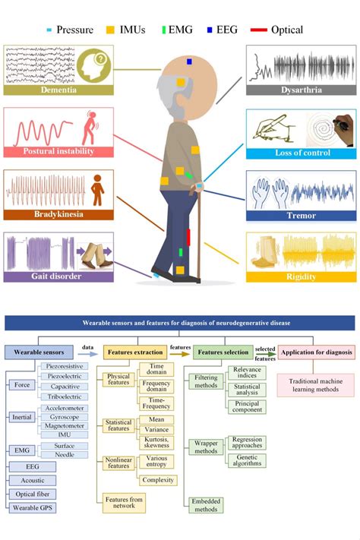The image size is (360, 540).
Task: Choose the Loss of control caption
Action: coord(302,152)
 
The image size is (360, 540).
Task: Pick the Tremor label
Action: coord(302,215)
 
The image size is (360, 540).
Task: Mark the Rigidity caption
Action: coord(302,276)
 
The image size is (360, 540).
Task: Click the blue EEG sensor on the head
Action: coord(189,61)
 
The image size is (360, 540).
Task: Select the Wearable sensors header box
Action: coord(39,352)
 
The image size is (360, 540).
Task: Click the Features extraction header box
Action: coord(132,352)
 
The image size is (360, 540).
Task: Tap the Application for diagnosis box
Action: coord(316,352)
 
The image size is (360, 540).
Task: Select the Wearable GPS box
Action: coord(31,507)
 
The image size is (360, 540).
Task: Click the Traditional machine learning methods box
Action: coord(316,384)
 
